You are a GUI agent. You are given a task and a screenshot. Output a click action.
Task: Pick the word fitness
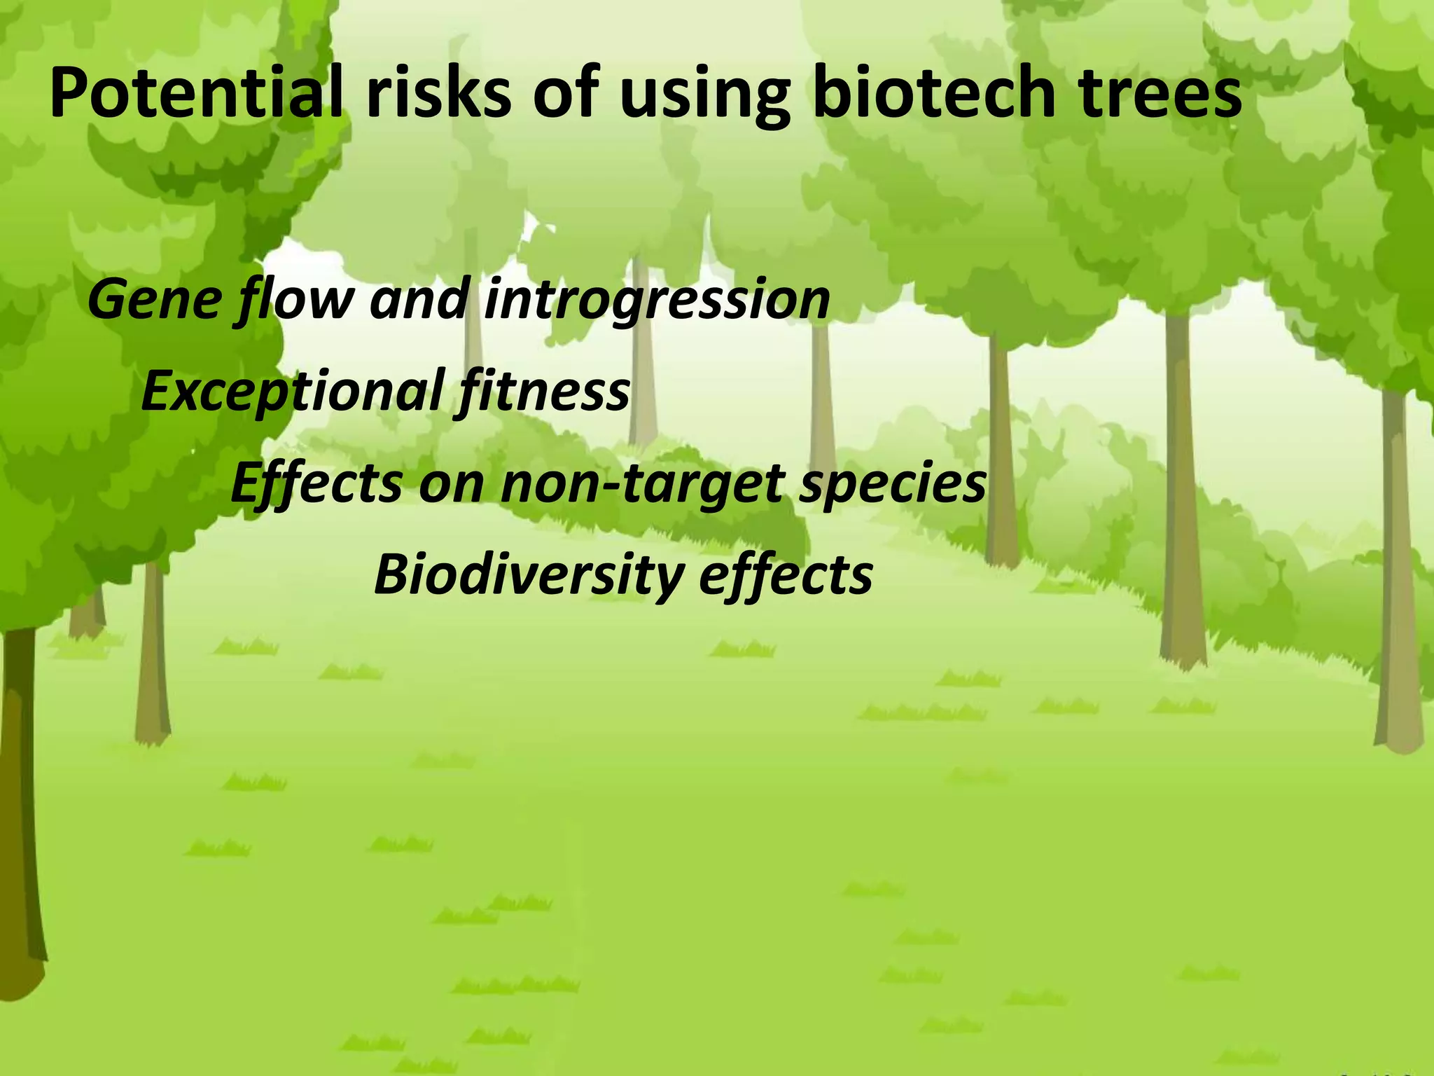(x=543, y=392)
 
